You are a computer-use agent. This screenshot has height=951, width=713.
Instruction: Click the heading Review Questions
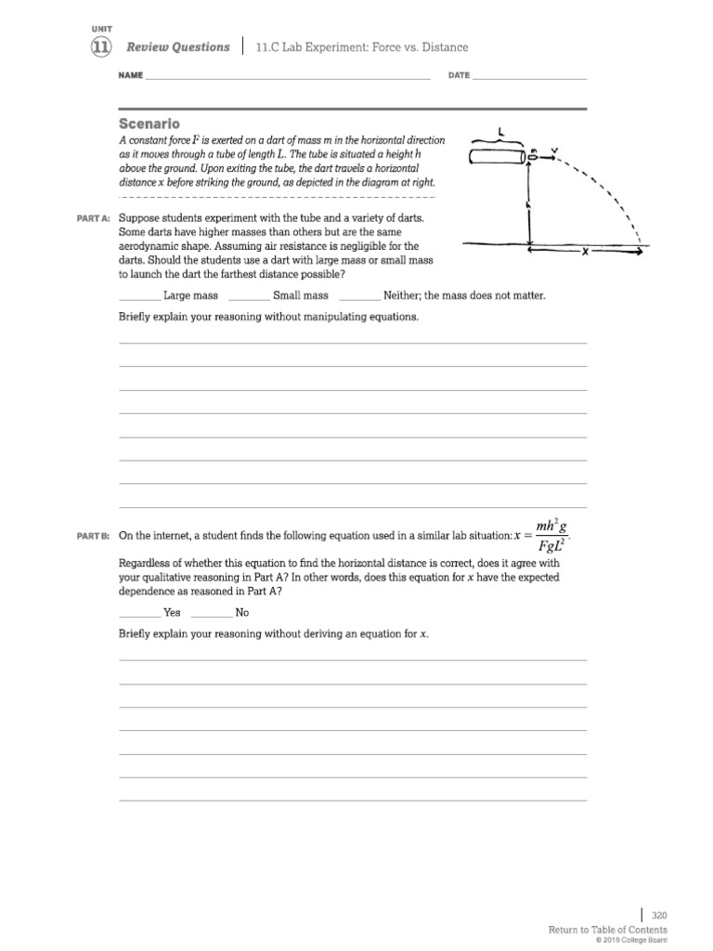177,47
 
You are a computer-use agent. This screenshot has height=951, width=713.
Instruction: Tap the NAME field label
131,75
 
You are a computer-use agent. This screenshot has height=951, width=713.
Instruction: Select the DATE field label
459,75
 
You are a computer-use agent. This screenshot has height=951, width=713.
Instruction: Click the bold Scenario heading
149,124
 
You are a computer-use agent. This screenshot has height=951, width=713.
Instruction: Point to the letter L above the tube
502,132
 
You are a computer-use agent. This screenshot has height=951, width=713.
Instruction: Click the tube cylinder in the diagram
498,157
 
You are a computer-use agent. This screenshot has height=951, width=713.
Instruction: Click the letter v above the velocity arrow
554,148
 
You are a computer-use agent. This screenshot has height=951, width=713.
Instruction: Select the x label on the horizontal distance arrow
585,250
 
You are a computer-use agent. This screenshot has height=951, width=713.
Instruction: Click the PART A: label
93,218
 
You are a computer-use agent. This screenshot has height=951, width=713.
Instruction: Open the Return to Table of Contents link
607,930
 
